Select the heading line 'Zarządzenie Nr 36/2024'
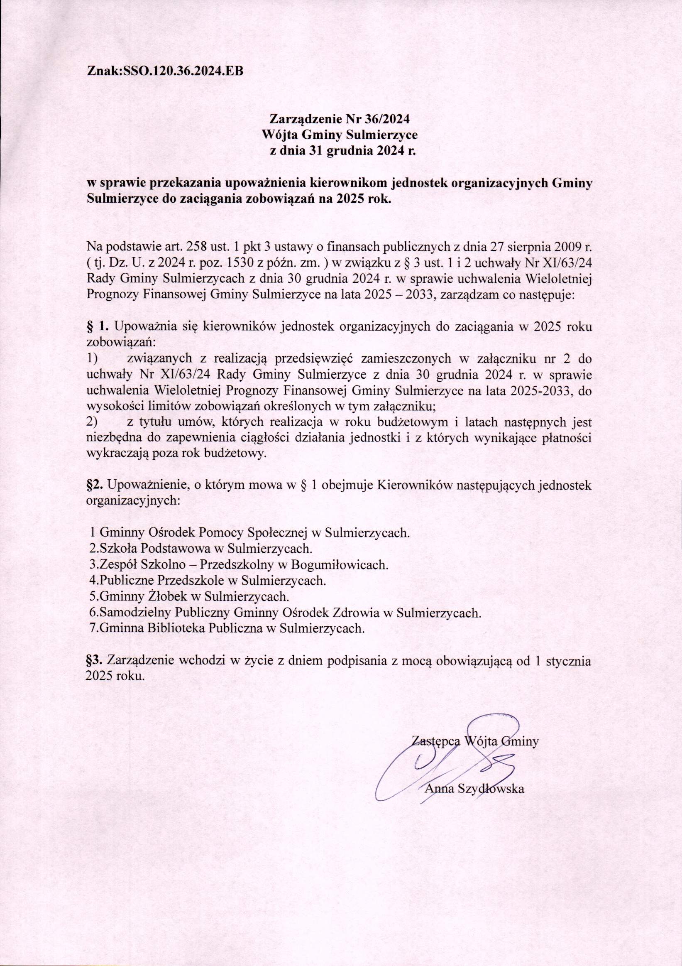[x=339, y=119]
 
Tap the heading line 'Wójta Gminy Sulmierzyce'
[x=339, y=135]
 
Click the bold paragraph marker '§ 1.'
[x=97, y=326]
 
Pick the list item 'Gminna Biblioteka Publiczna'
[x=226, y=629]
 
